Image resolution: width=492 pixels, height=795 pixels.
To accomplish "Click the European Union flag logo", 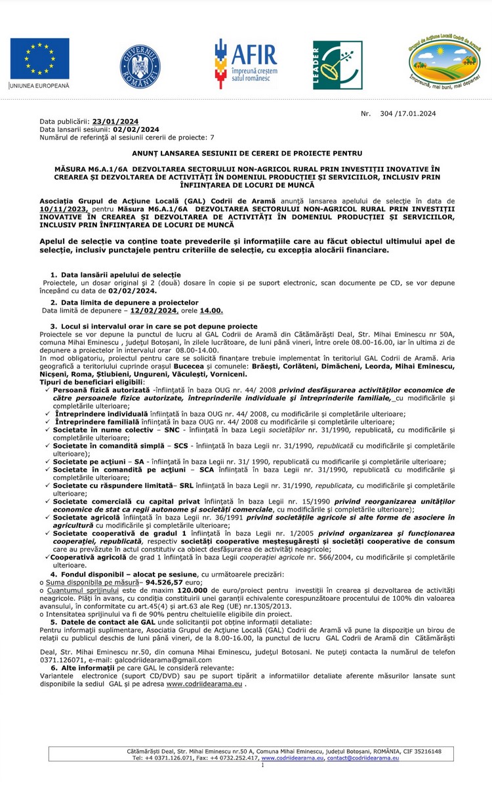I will pyautogui.click(x=39, y=58).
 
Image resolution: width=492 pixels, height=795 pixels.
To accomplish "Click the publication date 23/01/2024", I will pyautogui.click(x=115, y=121).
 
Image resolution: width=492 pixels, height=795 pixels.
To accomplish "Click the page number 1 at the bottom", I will pyautogui.click(x=263, y=765).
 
